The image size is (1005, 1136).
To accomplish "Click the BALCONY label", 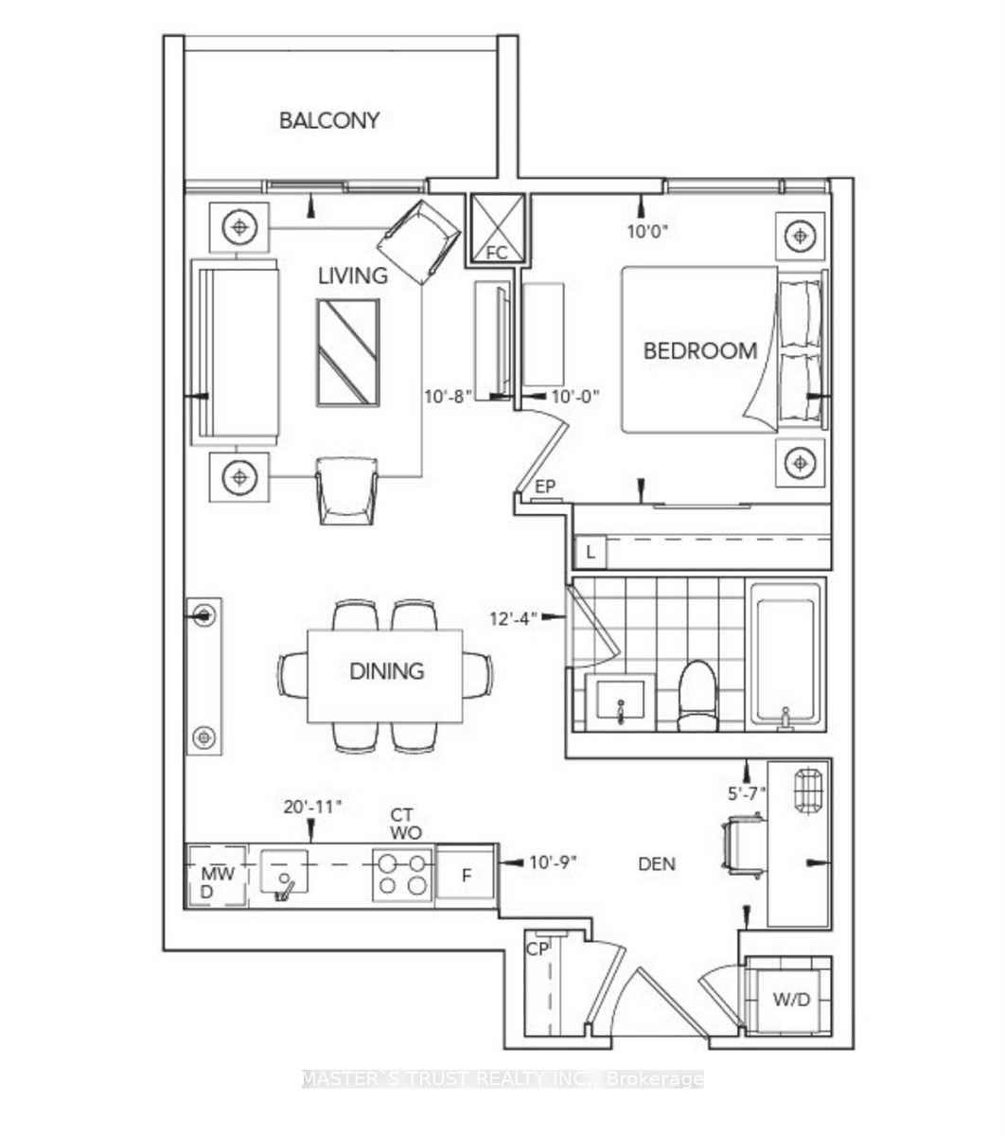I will pos(329,120).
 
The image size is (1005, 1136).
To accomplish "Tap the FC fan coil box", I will pos(497,230).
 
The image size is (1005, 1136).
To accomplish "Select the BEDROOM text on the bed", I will pos(700,351).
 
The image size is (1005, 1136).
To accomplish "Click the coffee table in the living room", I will pos(348,353).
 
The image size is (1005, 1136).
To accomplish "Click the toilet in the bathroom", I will pos(699,695).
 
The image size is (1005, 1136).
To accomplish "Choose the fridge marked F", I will pos(466,875).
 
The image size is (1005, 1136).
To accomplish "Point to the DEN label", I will pos(657,863).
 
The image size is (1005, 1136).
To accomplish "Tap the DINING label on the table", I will pos(386,671).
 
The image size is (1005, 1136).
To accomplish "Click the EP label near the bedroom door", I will pos(544,487).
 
